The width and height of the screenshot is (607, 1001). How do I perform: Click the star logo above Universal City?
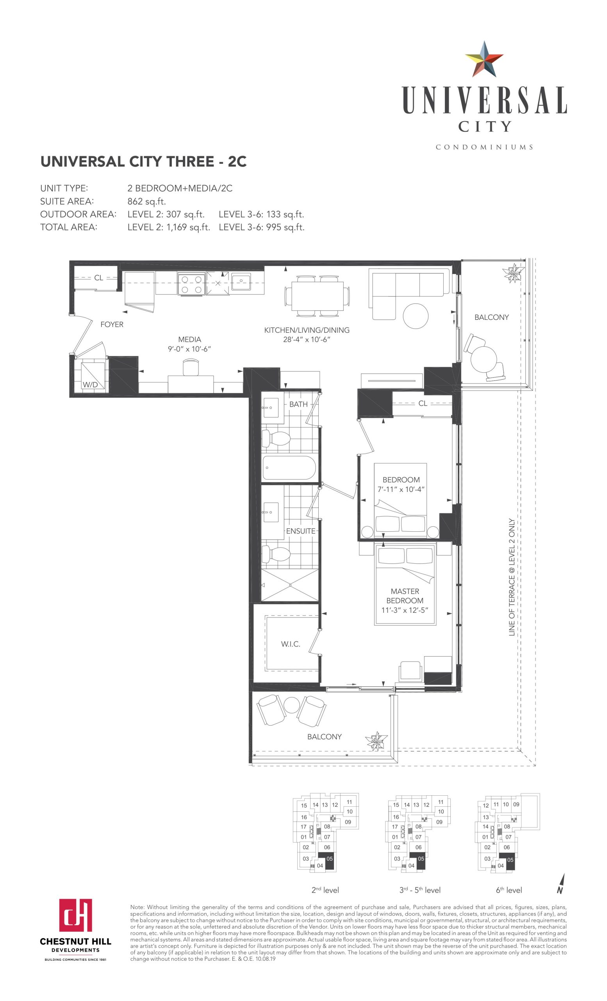484,59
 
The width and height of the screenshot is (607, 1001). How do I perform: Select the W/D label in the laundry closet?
90,384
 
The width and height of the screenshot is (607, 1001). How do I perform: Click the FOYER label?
112,324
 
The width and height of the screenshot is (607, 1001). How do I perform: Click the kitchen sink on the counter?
241,281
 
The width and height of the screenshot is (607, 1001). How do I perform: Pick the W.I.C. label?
291,644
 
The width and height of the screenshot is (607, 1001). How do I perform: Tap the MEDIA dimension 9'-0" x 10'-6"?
189,349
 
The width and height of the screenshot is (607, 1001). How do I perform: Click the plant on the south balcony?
377,741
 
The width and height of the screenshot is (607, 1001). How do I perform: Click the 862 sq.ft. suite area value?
147,201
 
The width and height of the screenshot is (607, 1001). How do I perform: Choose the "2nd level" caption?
325,890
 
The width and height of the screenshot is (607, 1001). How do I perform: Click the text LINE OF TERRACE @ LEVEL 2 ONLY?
512,577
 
